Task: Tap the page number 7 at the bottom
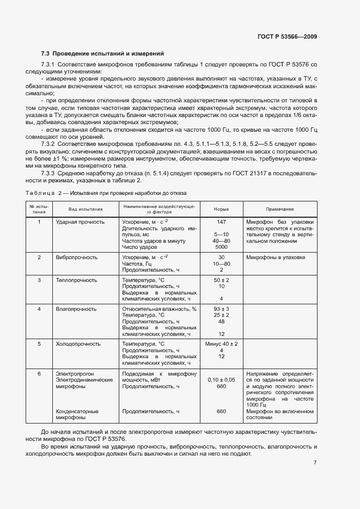pos(315,463)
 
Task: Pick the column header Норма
pos(221,209)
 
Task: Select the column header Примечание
pos(280,209)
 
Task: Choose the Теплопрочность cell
pos(76,280)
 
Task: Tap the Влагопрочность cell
pos(76,309)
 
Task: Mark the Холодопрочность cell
pos(78,344)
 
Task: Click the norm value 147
pos(221,223)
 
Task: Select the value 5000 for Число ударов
pos(221,247)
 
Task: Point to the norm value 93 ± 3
pos(221,309)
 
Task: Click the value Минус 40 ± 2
pos(221,344)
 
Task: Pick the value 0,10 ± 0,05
pos(221,380)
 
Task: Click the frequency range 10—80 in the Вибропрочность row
pos(221,263)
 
